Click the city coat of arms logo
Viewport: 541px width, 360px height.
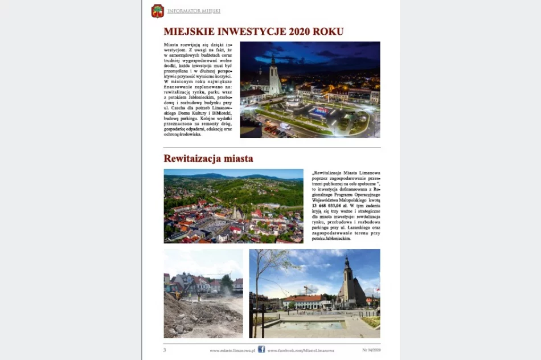pos(157,11)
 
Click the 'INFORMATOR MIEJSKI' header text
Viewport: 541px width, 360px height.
pos(194,11)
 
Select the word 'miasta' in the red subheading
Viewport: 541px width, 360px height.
pos(237,158)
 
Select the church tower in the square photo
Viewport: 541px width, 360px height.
pos(347,279)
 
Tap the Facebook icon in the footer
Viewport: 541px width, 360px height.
pos(261,349)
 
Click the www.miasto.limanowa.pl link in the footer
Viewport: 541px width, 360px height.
pos(232,350)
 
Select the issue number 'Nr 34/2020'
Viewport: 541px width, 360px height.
pos(371,350)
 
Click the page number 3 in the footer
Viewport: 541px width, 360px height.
pos(165,350)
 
